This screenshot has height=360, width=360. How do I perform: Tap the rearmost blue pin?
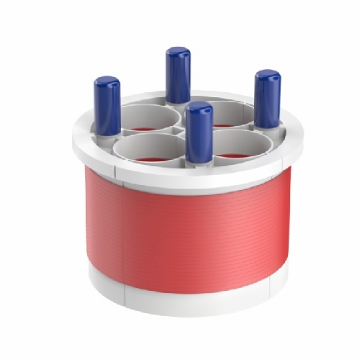click(x=177, y=76)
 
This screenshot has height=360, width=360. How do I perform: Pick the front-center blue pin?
click(x=198, y=133)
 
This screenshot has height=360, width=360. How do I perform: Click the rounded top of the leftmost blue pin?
click(x=107, y=81)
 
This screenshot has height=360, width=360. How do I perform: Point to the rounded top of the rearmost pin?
click(x=177, y=52)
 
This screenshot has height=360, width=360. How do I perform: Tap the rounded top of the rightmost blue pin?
click(x=268, y=75)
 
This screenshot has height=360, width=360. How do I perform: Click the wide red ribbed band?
click(x=187, y=230)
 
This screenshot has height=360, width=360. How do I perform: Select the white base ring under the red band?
click(x=187, y=302)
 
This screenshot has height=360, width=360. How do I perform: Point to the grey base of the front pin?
click(x=198, y=162)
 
